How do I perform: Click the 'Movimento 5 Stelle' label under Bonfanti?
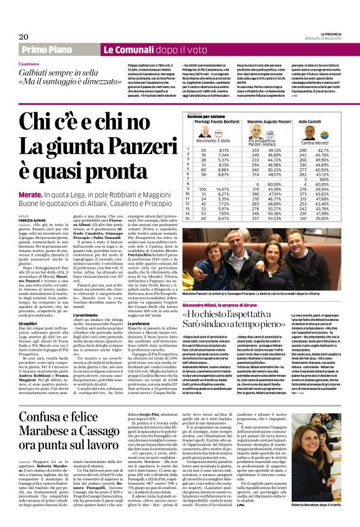[212, 142]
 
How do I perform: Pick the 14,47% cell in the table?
[222, 188]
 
